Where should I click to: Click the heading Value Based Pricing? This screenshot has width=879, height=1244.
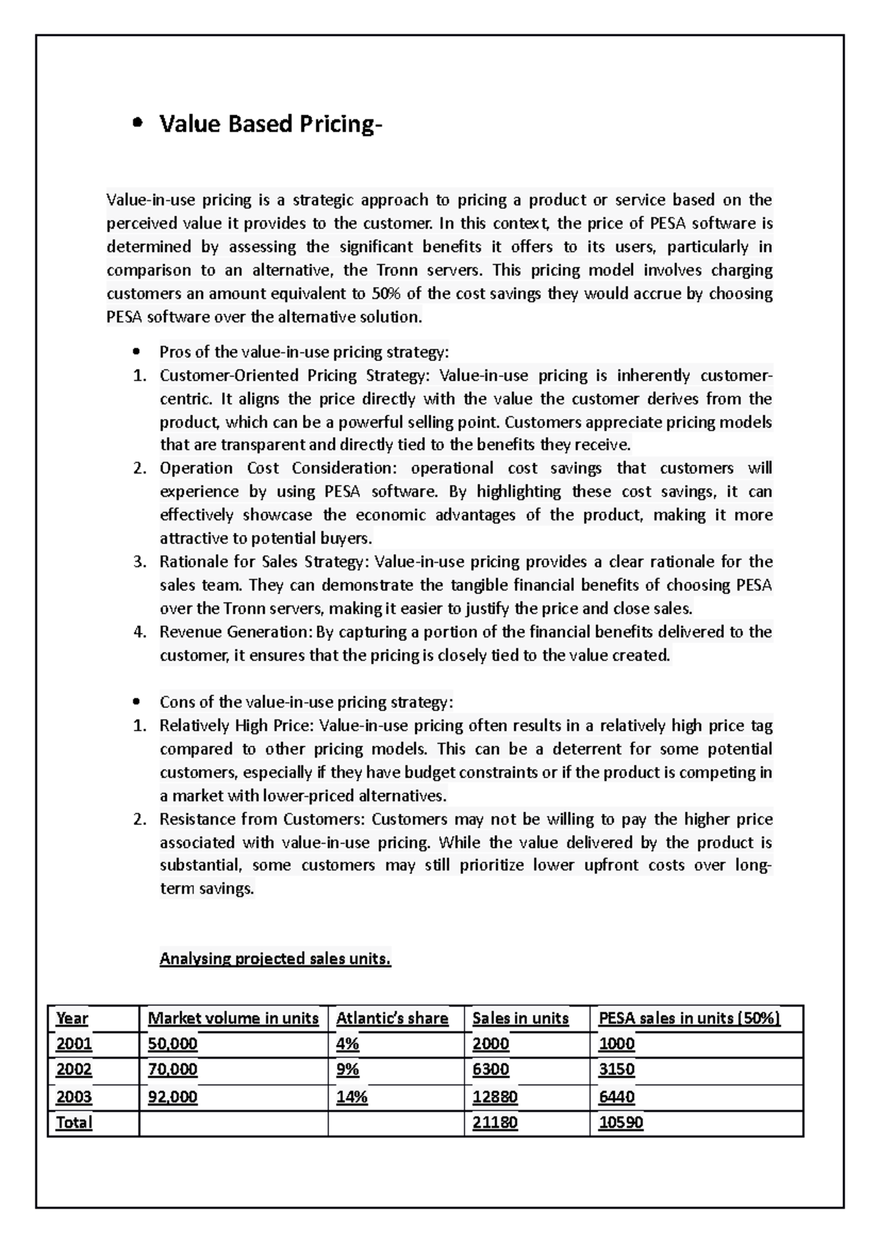click(270, 124)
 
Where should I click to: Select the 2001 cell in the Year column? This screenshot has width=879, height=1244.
click(74, 1043)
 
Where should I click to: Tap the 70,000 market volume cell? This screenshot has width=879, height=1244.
click(173, 1069)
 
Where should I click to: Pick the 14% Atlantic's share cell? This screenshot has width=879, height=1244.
click(352, 1097)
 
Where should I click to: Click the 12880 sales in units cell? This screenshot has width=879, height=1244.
click(494, 1097)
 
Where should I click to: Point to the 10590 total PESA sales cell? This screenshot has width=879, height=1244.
click(620, 1122)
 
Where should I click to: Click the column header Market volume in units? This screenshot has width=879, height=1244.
click(233, 1018)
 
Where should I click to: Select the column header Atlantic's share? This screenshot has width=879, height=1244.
click(392, 1018)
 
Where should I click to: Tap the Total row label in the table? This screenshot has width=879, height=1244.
click(74, 1122)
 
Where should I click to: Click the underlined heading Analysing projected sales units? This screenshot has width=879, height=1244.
click(275, 958)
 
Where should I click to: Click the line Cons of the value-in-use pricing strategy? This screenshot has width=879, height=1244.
click(306, 702)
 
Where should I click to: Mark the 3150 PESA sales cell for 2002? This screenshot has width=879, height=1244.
click(616, 1069)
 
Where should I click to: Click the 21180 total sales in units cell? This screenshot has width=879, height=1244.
click(494, 1122)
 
